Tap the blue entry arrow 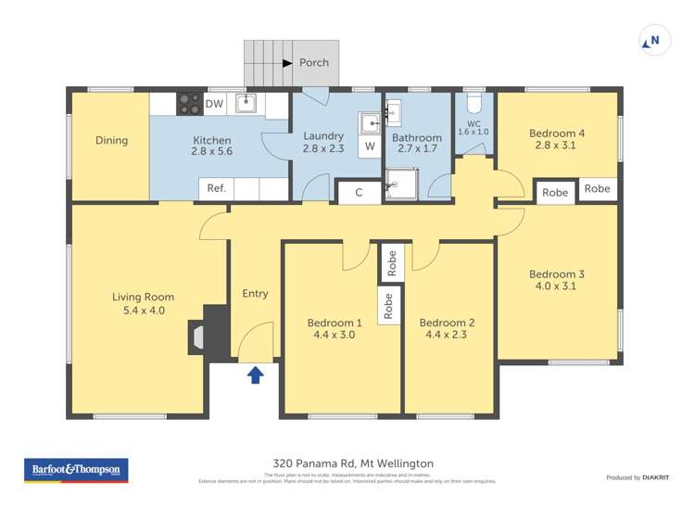click(x=256, y=374)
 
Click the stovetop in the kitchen click(x=190, y=103)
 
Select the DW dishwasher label click(x=214, y=104)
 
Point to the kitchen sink click(x=246, y=102)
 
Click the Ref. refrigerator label click(x=216, y=188)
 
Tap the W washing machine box click(x=369, y=146)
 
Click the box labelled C click(x=358, y=192)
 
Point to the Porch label click(x=313, y=63)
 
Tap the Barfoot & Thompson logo click(x=76, y=470)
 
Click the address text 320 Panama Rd click(x=353, y=463)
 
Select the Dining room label click(x=111, y=141)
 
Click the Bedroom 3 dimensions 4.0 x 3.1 click(x=556, y=286)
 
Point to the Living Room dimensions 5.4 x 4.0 click(x=143, y=311)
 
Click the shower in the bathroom click(x=400, y=184)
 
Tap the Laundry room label click(x=323, y=136)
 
